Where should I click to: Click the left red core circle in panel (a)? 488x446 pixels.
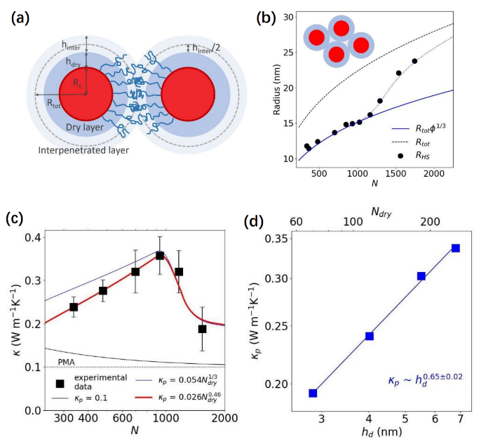pyautogui.click(x=86, y=96)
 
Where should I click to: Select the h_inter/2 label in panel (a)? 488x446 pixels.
pyautogui.click(x=210, y=48)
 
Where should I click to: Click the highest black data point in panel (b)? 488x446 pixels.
pyautogui.click(x=414, y=61)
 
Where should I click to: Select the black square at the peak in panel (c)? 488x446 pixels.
pyautogui.click(x=160, y=255)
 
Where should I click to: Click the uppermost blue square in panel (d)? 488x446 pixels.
pyautogui.click(x=456, y=248)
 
